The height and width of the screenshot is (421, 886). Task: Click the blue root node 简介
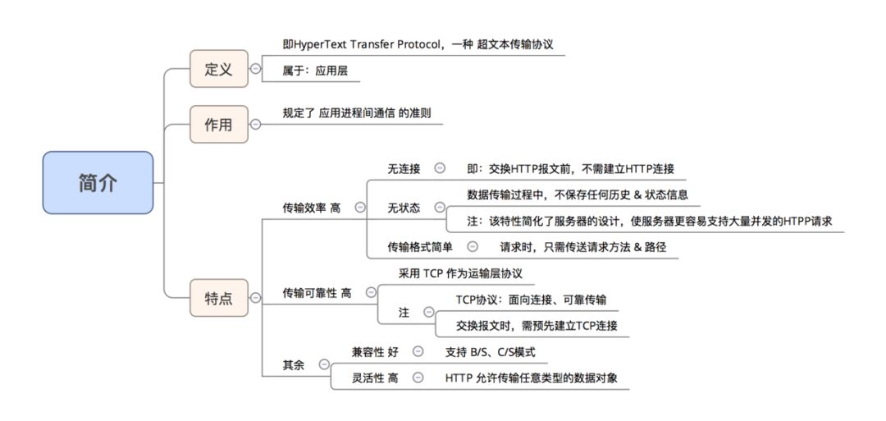(x=98, y=182)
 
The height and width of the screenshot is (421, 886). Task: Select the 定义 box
(x=218, y=69)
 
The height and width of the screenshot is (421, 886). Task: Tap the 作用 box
(x=218, y=125)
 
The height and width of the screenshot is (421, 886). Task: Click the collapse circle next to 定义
(x=256, y=70)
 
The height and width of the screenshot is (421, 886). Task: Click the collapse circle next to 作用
(x=256, y=125)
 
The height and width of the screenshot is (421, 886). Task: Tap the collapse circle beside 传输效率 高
(x=360, y=208)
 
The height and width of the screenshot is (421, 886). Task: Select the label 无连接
(x=404, y=168)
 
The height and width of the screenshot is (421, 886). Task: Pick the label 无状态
(x=404, y=208)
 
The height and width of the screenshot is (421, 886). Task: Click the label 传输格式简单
(x=419, y=246)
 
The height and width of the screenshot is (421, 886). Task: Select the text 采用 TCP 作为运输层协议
(x=454, y=273)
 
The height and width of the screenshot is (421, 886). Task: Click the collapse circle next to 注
(x=427, y=312)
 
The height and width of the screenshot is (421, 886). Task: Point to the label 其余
(x=293, y=364)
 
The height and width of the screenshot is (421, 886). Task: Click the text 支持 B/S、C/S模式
(x=491, y=351)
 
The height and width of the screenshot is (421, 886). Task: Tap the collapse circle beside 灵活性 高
(x=418, y=378)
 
